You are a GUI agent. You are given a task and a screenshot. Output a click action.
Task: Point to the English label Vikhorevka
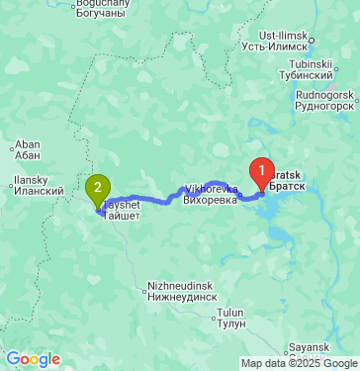click(x=211, y=188)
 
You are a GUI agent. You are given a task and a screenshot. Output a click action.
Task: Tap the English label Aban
click(x=27, y=142)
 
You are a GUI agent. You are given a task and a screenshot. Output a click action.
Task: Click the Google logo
click(x=32, y=359)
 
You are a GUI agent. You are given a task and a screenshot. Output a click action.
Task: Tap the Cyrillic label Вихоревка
click(x=211, y=200)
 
